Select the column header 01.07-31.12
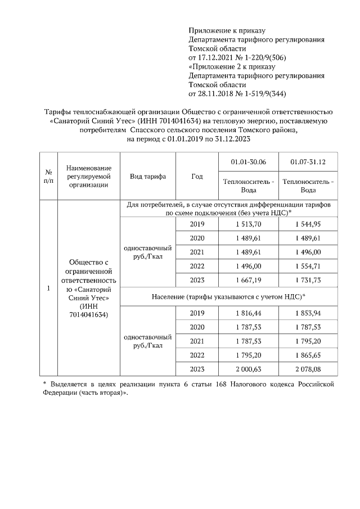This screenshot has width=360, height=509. (308, 163)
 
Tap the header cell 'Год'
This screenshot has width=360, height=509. (197, 176)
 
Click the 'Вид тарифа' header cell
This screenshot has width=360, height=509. (148, 176)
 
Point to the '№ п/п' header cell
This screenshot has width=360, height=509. (48, 176)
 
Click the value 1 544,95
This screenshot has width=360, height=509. (308, 224)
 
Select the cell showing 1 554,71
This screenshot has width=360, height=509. (308, 266)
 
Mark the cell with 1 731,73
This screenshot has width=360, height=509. (308, 280)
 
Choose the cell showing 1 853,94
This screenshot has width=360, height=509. (308, 313)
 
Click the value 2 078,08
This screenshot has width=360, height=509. (308, 369)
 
